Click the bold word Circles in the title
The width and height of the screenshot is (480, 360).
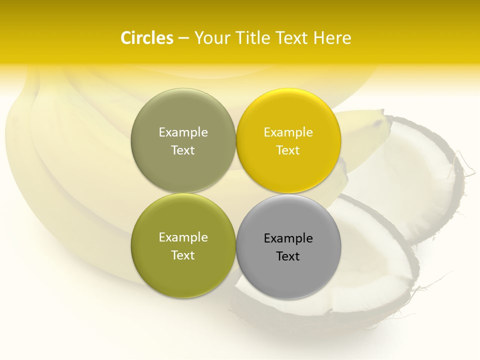click(147, 38)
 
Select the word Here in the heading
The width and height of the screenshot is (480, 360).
click(332, 38)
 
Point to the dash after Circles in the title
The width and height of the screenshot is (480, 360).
click(183, 38)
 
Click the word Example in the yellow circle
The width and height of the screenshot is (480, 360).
click(288, 132)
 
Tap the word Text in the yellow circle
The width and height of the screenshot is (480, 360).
click(288, 150)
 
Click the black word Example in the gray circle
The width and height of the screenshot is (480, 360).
click(288, 238)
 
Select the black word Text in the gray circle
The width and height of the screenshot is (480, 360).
click(288, 256)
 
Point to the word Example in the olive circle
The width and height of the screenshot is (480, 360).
click(183, 237)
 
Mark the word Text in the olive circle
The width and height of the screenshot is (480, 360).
click(183, 255)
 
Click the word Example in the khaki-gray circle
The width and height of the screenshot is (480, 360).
click(183, 132)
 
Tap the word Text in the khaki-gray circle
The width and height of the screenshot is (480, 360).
click(183, 150)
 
